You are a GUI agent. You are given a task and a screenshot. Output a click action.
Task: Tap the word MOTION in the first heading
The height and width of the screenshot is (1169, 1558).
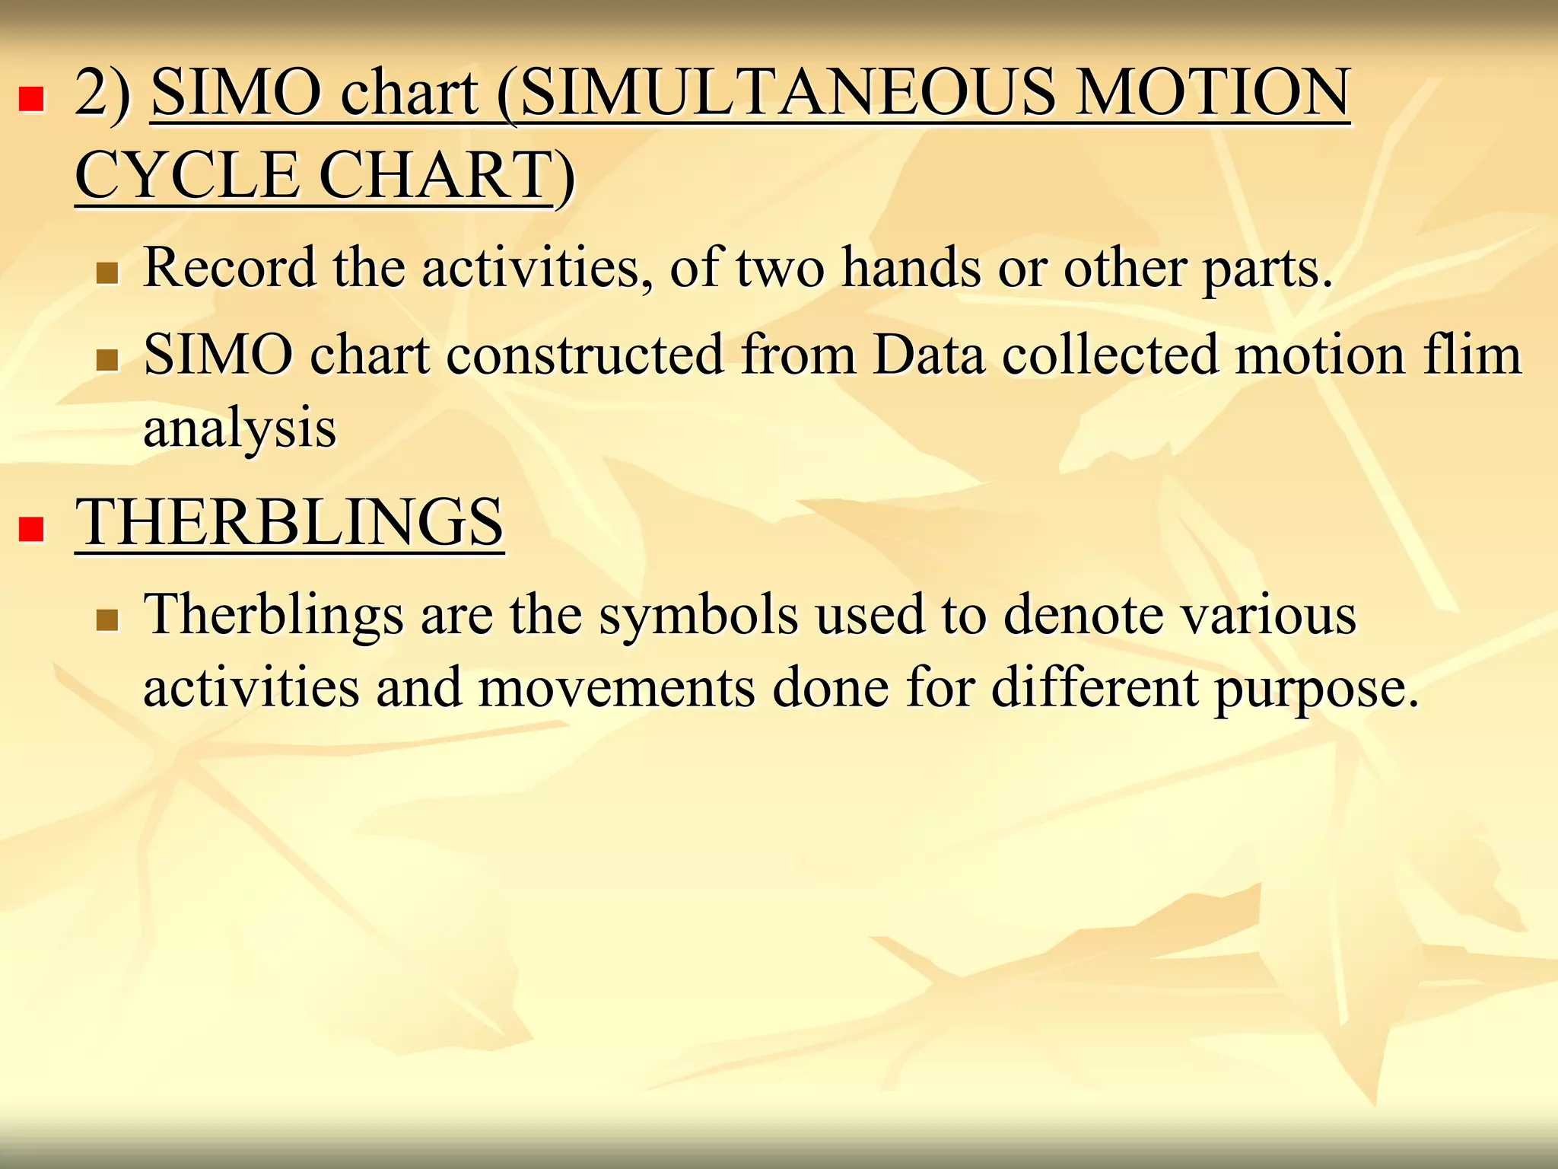1213,93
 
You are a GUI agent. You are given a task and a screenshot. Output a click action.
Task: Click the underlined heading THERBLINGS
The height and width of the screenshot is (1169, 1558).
289,523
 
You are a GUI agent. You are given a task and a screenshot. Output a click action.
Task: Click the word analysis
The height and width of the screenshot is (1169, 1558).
240,428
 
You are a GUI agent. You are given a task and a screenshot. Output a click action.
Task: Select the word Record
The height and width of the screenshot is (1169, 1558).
229,268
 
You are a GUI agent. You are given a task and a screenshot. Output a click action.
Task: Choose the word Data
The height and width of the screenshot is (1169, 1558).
929,355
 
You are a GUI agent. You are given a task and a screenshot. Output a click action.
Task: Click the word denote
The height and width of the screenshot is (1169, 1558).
1081,615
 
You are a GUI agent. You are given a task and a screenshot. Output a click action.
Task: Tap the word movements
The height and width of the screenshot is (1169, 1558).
617,687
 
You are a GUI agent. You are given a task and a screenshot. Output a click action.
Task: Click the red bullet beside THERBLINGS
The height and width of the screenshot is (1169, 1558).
31,528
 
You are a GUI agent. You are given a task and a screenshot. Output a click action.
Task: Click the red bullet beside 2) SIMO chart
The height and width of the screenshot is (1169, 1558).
31,100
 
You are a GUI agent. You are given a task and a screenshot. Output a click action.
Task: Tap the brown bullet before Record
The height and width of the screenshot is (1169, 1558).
107,273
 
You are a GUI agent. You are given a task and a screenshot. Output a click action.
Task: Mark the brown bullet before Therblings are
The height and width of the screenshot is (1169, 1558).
107,620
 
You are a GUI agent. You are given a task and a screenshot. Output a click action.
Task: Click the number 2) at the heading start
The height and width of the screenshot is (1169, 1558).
103,93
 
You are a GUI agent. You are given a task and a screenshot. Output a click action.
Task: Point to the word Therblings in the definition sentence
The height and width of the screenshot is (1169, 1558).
273,615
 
